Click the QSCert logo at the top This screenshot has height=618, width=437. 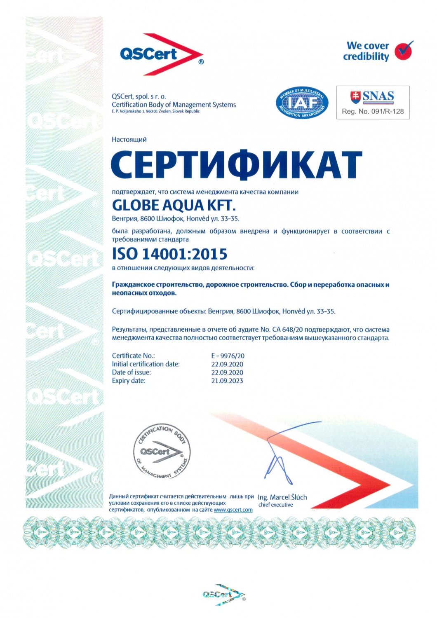161,54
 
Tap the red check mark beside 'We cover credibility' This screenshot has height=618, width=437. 403,51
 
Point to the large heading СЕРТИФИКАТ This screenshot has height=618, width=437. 236,165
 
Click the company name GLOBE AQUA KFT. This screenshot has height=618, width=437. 174,205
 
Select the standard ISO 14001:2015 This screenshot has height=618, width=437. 169,254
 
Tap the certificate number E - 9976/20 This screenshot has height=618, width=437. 228,356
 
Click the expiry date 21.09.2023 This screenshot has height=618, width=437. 227,381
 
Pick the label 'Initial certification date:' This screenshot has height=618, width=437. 146,364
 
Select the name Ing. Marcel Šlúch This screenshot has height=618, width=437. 282,497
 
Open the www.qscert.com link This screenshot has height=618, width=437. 233,510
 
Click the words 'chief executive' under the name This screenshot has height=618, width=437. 275,505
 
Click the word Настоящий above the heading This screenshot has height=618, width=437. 129,140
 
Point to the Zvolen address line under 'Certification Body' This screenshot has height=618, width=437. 155,111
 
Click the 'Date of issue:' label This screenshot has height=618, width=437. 131,372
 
